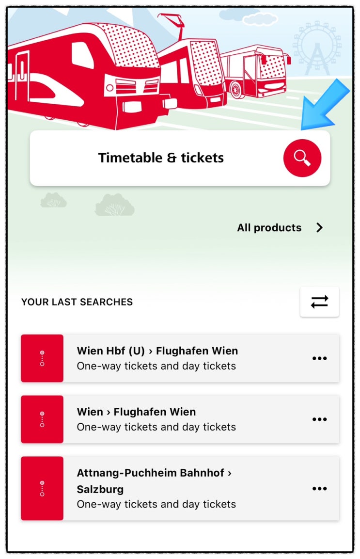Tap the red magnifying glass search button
point(302,158)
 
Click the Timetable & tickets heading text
point(161,158)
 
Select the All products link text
point(269,227)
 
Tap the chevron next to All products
point(320,227)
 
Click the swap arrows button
point(319,302)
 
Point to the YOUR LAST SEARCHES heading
point(77,302)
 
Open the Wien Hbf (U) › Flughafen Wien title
point(157,351)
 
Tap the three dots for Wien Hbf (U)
point(319,358)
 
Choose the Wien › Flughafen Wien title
point(137,412)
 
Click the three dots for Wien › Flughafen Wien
point(319,419)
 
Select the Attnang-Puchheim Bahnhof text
point(151,473)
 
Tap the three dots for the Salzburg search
point(319,488)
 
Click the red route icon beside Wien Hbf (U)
point(42,358)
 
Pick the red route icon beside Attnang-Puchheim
point(42,488)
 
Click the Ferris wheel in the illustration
point(316,48)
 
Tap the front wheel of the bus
point(236,90)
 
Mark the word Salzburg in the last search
point(100,489)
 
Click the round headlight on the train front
point(110,88)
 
